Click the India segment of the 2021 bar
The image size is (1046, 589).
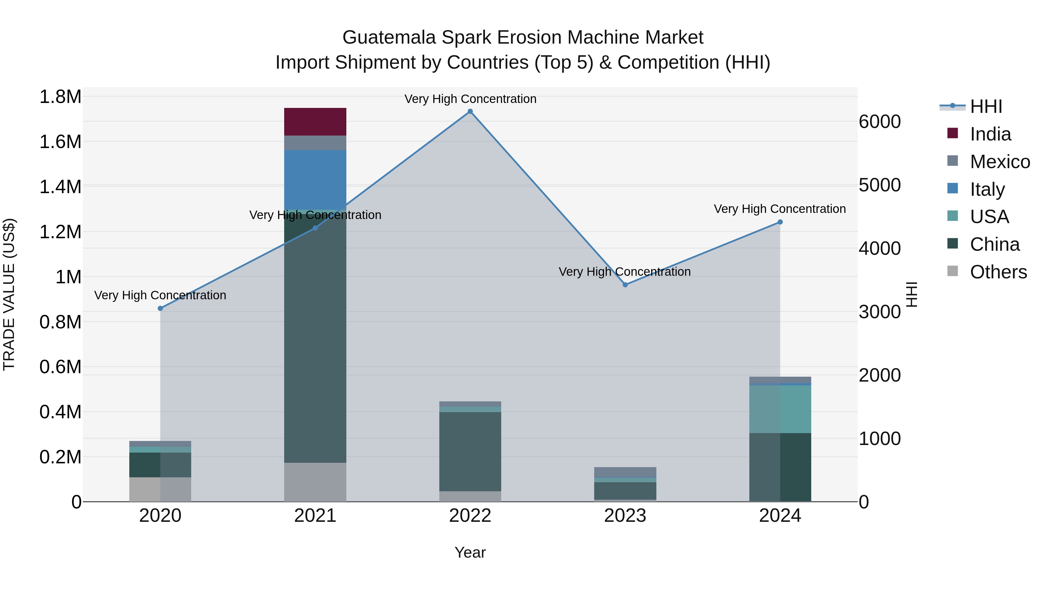tap(315, 122)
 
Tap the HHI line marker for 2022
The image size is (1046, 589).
tap(470, 111)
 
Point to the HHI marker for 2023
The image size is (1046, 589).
tap(625, 285)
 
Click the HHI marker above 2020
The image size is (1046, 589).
tap(160, 309)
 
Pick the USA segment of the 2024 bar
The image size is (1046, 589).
tap(780, 409)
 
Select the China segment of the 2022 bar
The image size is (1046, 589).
tap(470, 451)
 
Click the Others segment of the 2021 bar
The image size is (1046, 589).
tap(315, 482)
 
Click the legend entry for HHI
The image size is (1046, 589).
tap(986, 106)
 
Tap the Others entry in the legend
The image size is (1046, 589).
tap(998, 272)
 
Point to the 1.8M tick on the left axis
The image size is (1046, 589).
tap(60, 97)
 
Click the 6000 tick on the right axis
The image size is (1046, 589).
tap(880, 122)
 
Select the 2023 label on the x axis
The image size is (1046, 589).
tap(625, 516)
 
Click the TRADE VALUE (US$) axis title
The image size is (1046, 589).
tap(9, 294)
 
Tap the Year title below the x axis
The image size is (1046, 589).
tap(470, 552)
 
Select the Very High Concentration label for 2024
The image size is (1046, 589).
tap(780, 209)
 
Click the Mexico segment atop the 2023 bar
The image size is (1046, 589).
tap(625, 472)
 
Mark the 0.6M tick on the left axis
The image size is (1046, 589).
tap(60, 367)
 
